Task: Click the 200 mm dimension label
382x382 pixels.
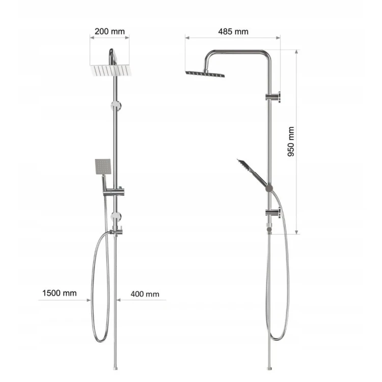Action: (110, 32)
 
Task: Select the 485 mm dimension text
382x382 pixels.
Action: (233, 32)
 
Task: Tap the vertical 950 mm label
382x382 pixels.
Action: (291, 142)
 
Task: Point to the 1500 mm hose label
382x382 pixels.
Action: (60, 293)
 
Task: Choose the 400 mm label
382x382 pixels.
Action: (145, 294)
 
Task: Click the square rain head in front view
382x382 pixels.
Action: (111, 70)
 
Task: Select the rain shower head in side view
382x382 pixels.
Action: (205, 74)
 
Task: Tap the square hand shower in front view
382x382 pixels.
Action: (102, 167)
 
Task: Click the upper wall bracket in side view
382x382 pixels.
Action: (273, 97)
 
